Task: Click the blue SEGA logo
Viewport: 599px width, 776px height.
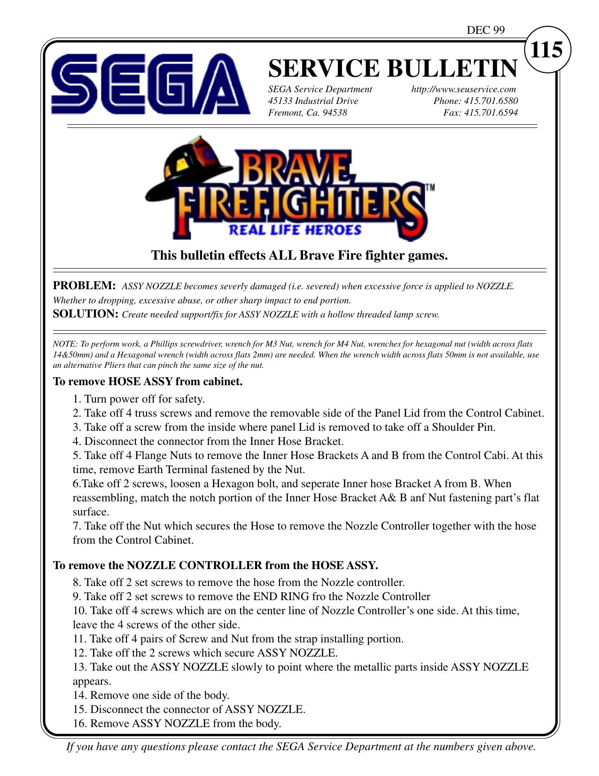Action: click(x=150, y=85)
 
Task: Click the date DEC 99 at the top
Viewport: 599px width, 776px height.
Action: click(x=485, y=31)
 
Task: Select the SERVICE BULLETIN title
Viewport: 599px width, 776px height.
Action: click(x=393, y=68)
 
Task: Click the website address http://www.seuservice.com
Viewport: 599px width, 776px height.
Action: click(x=463, y=89)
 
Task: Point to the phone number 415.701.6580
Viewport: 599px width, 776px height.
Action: click(x=490, y=101)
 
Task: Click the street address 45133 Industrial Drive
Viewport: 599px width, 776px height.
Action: click(x=313, y=101)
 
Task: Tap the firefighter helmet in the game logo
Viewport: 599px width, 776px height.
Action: click(x=193, y=162)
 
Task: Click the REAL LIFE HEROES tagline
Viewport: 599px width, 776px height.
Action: click(x=295, y=230)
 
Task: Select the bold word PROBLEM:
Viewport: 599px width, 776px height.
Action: click(x=84, y=286)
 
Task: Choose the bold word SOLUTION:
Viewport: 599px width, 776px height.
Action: click(x=86, y=314)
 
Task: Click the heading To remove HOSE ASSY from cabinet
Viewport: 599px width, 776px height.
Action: click(x=148, y=381)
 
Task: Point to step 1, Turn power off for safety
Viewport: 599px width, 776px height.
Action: click(x=139, y=399)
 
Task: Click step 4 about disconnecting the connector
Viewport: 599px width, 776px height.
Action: click(x=208, y=442)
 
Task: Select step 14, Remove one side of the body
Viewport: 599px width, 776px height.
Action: click(x=151, y=695)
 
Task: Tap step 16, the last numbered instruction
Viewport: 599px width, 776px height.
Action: click(x=177, y=723)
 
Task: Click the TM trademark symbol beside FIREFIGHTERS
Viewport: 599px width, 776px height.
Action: click(x=429, y=187)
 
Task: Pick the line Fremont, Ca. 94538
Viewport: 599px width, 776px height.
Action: click(x=307, y=113)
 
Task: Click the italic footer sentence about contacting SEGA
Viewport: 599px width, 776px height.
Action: click(x=301, y=746)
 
